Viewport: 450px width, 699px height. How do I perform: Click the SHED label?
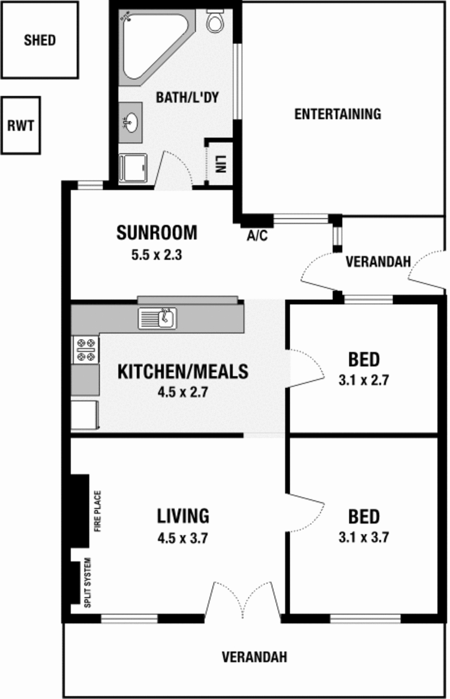pyautogui.click(x=40, y=40)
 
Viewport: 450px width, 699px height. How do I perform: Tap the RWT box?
pyautogui.click(x=21, y=125)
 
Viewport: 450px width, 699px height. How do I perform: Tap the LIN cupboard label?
pyautogui.click(x=220, y=164)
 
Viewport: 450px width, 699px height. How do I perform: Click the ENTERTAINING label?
pyautogui.click(x=338, y=114)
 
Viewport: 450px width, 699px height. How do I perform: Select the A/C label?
pyautogui.click(x=258, y=236)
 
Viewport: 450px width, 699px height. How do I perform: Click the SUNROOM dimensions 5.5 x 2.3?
pyautogui.click(x=157, y=255)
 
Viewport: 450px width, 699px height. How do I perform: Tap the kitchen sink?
pyautogui.click(x=157, y=318)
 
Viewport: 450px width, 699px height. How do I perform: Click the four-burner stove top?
pyautogui.click(x=85, y=350)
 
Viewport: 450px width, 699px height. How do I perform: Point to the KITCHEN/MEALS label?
pyautogui.click(x=183, y=371)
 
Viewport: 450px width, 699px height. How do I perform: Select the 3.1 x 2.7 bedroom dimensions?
pyautogui.click(x=364, y=380)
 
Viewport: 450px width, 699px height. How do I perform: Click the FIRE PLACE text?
pyautogui.click(x=98, y=511)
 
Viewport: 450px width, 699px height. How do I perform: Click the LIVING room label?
pyautogui.click(x=183, y=516)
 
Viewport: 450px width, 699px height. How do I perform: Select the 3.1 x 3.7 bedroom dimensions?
pyautogui.click(x=364, y=538)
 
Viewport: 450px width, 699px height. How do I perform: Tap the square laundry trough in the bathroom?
pyautogui.click(x=133, y=168)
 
